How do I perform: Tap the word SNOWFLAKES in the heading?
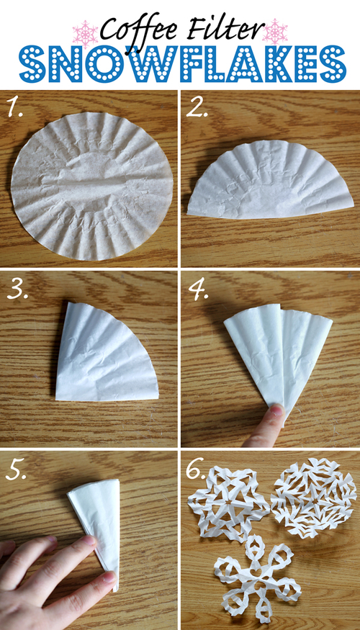tap(180, 63)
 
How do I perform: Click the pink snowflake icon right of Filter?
tap(276, 31)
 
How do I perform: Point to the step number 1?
tap(16, 109)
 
